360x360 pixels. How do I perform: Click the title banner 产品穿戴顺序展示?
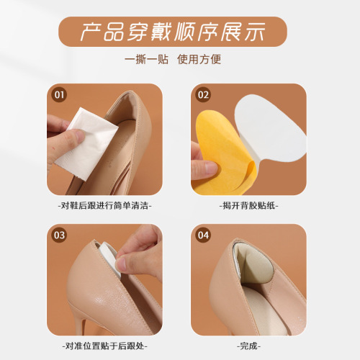[179, 32]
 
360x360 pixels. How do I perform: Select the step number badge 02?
[203, 94]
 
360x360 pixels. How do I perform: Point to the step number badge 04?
[203, 235]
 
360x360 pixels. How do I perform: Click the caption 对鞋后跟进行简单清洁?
[107, 205]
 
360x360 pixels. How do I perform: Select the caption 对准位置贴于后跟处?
[107, 345]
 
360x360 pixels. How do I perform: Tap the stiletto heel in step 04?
[284, 317]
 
